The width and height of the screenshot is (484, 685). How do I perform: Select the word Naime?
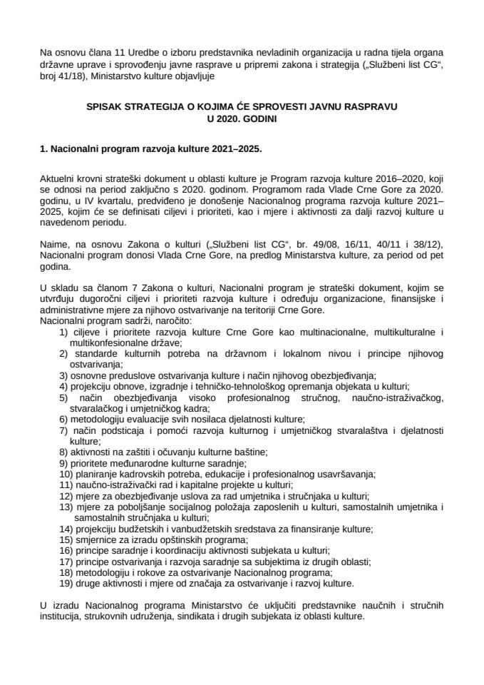point(56,243)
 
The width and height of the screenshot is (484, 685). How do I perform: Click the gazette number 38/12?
point(423,243)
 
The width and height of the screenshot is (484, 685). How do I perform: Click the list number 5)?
point(63,396)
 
